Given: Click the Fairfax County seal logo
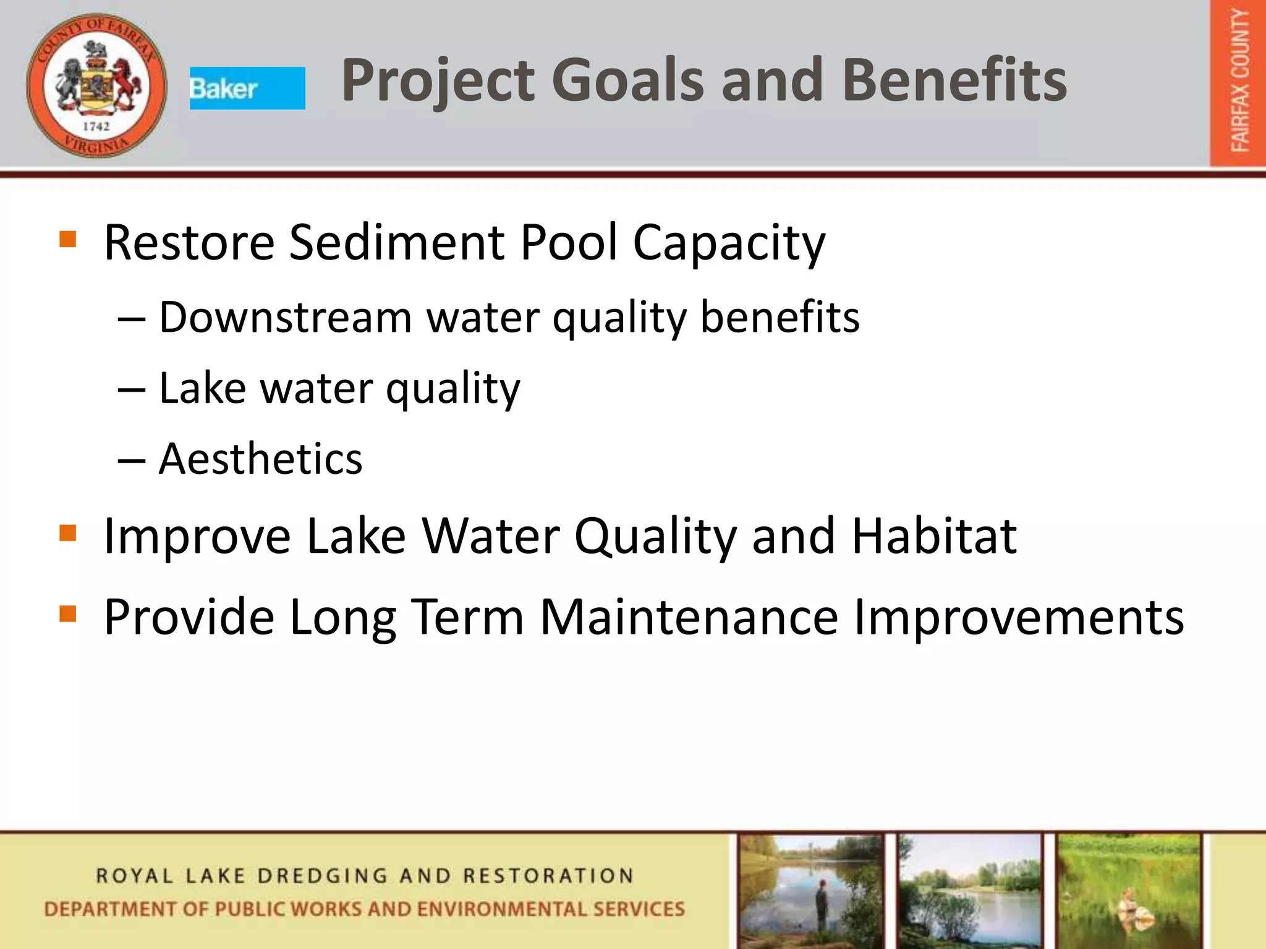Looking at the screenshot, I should click(x=96, y=85).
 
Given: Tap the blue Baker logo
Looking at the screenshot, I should click(x=247, y=88).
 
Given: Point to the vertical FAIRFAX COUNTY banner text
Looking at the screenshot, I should click(x=1239, y=80).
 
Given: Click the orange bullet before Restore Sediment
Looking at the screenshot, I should click(x=67, y=239).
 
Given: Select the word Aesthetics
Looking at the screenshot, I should click(x=260, y=459).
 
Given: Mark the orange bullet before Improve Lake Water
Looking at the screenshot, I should click(x=67, y=533).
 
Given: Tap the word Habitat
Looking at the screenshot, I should click(x=933, y=536).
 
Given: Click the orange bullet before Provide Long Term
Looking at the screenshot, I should click(x=67, y=614).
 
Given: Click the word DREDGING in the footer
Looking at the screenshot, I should click(x=323, y=876).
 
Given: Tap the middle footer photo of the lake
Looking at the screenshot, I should click(x=970, y=890).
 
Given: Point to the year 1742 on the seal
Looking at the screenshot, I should click(x=96, y=126).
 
